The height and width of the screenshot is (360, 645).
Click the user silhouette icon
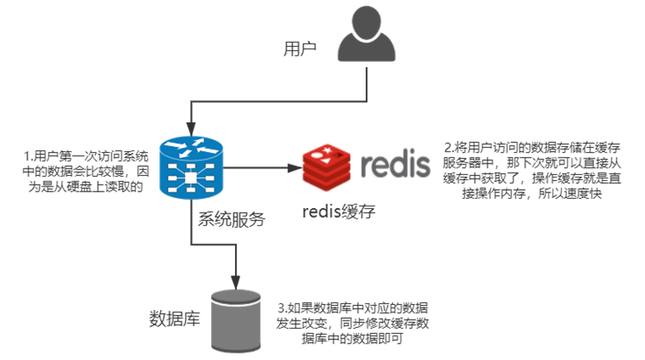[366, 35]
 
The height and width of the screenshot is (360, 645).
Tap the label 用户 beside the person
[300, 49]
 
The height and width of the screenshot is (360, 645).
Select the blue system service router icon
[191, 168]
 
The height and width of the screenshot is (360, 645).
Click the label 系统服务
[232, 219]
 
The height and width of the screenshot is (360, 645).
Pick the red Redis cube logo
[327, 168]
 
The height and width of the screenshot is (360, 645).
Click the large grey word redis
[395, 164]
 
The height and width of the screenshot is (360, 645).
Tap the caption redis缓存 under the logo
[339, 211]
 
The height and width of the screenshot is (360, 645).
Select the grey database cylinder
[236, 321]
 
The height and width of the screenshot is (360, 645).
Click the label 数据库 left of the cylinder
[174, 319]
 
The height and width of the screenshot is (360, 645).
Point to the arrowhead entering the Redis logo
[295, 168]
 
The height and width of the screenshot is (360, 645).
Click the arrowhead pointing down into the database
[235, 282]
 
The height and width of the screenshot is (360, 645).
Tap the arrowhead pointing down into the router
[191, 129]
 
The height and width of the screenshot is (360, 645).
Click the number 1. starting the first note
[29, 156]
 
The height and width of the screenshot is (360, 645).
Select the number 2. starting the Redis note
[449, 147]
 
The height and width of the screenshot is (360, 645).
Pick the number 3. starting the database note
[282, 307]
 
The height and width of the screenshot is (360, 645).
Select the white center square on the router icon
[191, 178]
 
